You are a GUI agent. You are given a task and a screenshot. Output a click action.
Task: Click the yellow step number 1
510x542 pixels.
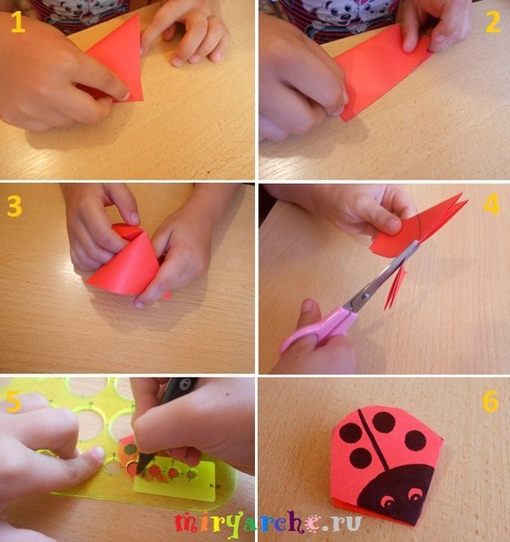pos(18,22)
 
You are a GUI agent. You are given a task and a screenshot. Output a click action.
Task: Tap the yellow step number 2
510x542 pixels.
pos(492,22)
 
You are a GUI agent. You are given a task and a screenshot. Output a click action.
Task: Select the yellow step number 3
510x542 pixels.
pos(14,206)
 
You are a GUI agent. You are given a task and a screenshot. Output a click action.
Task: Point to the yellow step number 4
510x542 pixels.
pos(492,204)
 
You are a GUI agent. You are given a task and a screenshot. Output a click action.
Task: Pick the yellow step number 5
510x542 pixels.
pos(13,402)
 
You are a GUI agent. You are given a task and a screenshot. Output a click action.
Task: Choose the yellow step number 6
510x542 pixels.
pos(490,402)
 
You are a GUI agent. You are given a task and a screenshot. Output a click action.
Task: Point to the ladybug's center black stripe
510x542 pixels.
pos(373,439)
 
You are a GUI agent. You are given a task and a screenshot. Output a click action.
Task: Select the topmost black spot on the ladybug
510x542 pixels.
pos(383,422)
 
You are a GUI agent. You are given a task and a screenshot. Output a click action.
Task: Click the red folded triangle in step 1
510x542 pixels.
pos(118,62)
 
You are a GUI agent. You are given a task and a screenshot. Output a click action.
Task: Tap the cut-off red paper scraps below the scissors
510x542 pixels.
pos(396,287)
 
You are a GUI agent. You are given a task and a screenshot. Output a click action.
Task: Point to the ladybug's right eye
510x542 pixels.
pos(415,496)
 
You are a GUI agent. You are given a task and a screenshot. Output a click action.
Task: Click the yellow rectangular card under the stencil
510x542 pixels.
pos(176,482)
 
